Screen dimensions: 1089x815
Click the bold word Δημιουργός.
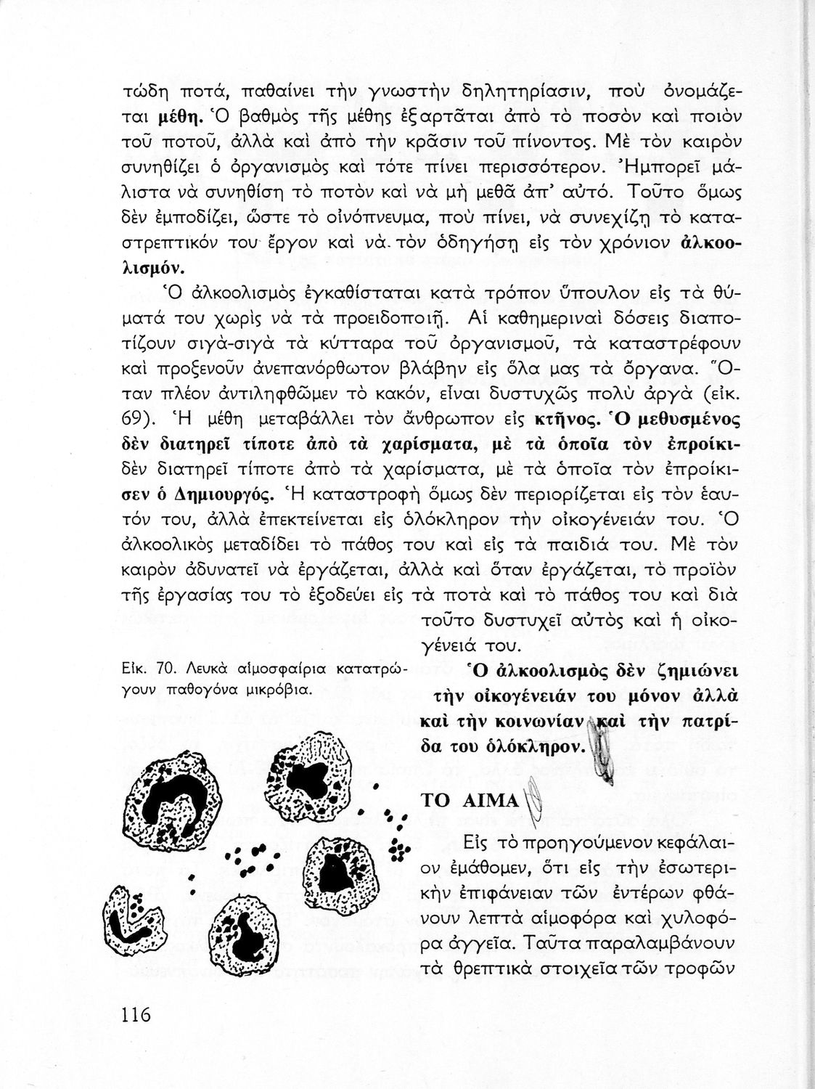tap(225, 496)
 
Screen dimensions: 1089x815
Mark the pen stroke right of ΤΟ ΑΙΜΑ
tap(533, 799)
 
